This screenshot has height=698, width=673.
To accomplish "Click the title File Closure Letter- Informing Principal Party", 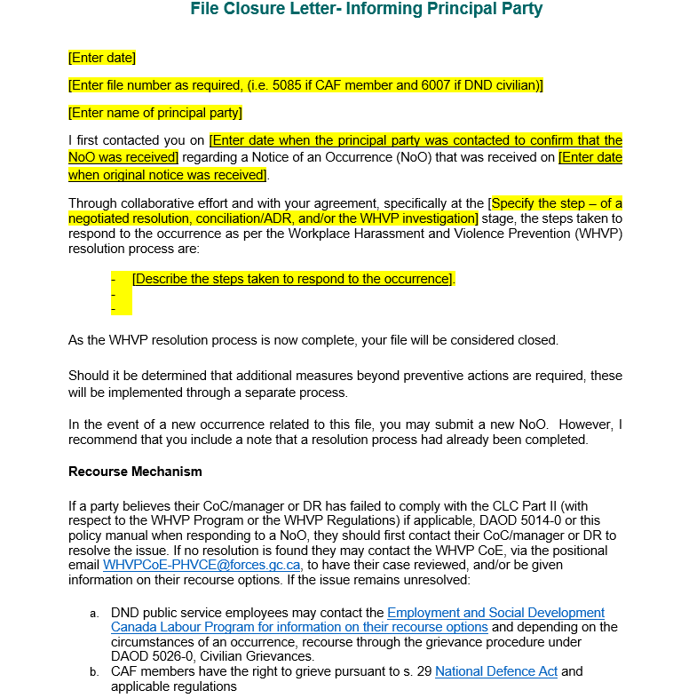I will [366, 10].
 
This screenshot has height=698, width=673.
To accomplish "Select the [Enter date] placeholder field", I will [102, 58].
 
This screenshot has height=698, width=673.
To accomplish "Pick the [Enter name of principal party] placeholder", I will [155, 113].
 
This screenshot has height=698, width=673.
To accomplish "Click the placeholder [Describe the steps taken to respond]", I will [293, 279].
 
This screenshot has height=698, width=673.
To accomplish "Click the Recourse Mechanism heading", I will [135, 472].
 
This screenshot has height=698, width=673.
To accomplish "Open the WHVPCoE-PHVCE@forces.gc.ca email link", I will [202, 565].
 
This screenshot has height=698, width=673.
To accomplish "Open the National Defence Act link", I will [496, 671].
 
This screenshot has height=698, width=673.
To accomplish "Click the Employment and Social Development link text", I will [495, 613].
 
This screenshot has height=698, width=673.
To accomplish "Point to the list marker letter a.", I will [94, 614].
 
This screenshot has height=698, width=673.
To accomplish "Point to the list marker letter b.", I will [94, 672].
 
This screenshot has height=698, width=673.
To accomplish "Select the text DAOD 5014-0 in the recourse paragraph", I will [503, 521].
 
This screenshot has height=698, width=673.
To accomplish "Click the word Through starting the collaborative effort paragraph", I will [93, 202].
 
